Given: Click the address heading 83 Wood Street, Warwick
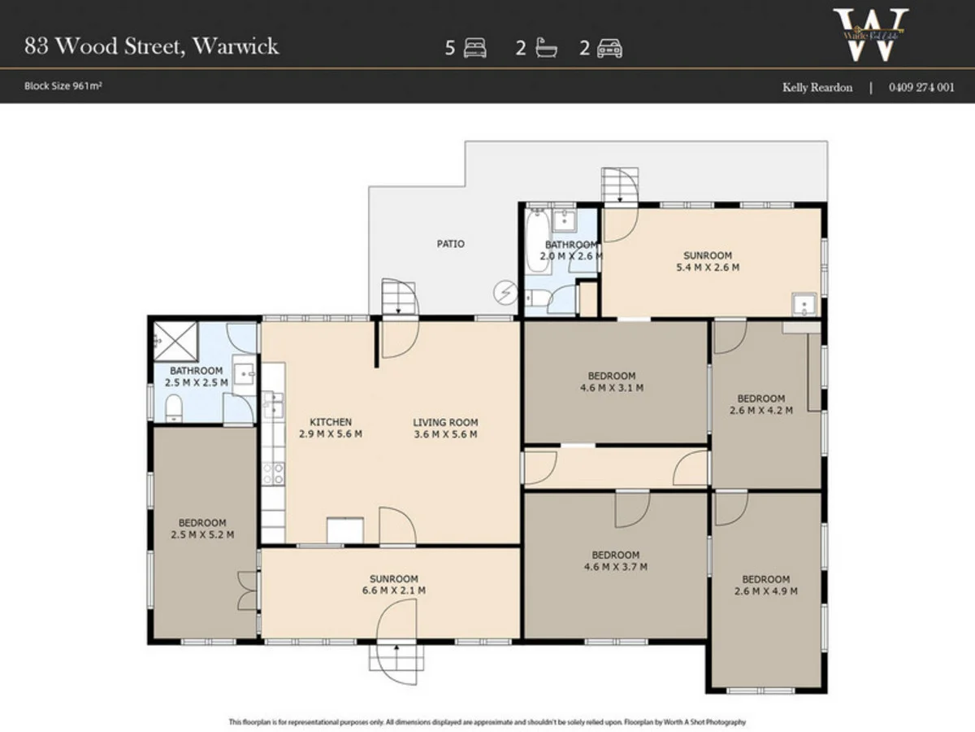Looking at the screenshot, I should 151,46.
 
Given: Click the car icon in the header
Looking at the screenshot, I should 609,49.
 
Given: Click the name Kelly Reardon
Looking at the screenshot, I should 817,87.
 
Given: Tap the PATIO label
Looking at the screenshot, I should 450,243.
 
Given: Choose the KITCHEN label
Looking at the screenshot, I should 331,422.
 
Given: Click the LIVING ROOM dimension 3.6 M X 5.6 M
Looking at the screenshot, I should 445,434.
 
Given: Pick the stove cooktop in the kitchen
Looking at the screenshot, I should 273,473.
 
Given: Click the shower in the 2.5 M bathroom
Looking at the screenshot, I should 173,339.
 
